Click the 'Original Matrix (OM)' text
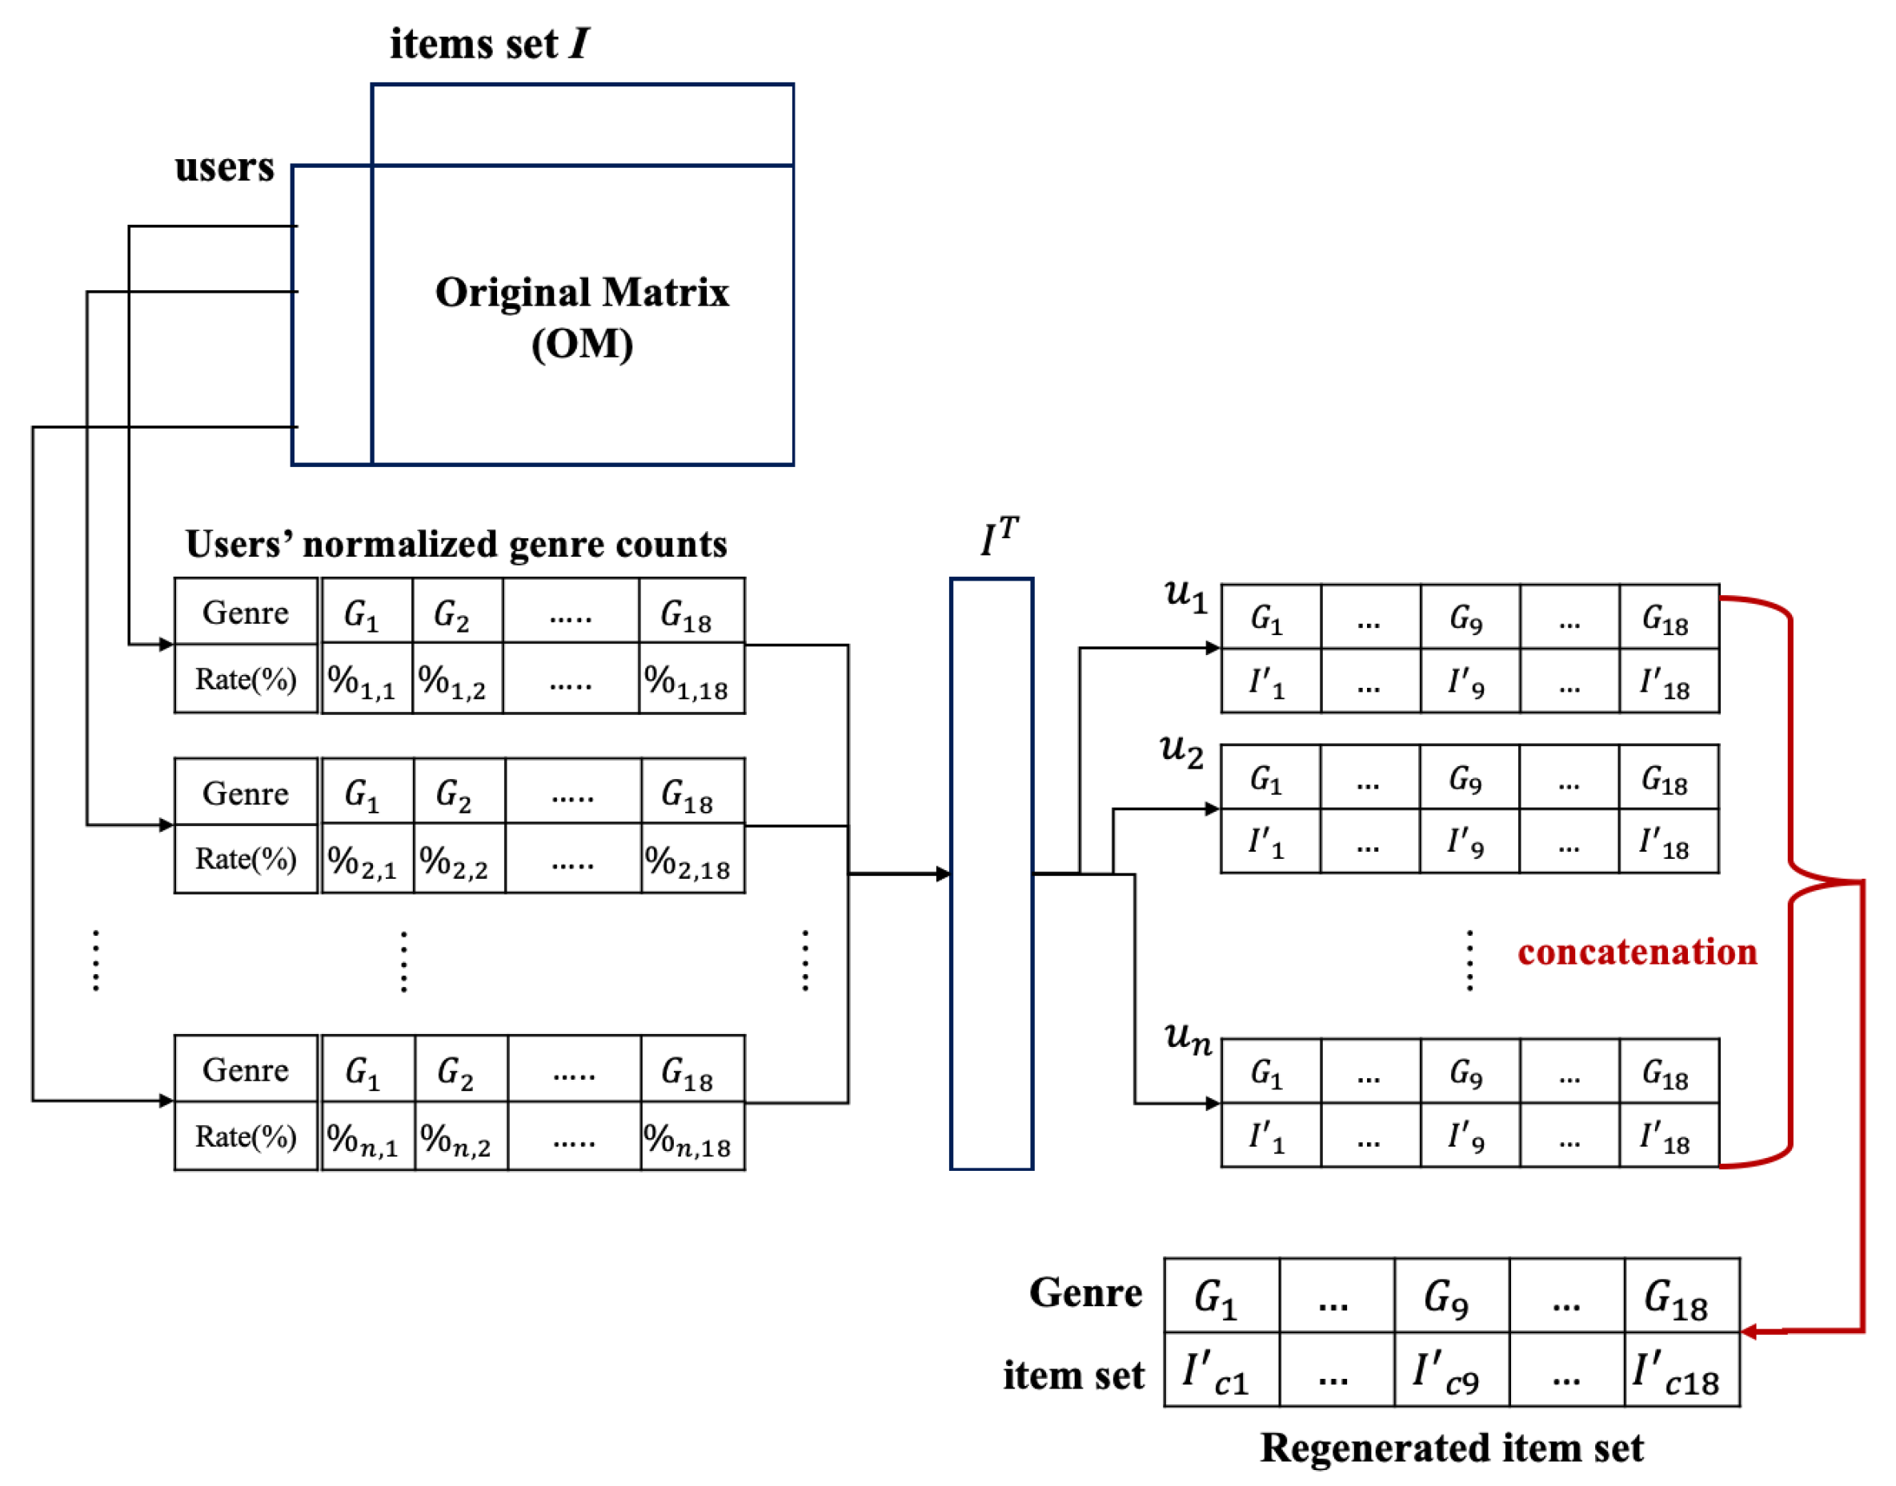(582, 317)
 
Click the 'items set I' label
(489, 43)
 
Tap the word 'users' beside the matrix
(225, 166)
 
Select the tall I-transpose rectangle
(991, 873)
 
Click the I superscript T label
(999, 537)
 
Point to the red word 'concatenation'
(1637, 951)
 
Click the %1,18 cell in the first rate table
(691, 680)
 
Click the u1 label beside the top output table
(1185, 596)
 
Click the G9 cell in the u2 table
(1469, 778)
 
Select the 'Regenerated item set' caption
(1451, 1447)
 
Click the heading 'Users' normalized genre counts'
(455, 545)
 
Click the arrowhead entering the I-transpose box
(943, 873)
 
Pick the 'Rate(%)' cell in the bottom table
(246, 1136)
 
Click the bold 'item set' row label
(1072, 1376)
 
